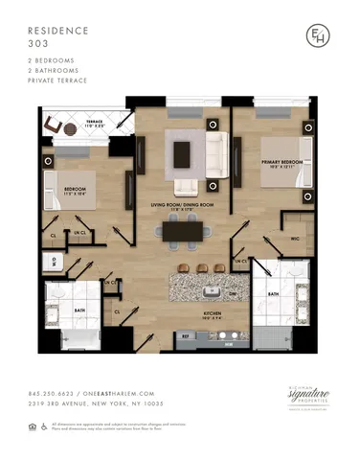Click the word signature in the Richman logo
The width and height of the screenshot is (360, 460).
tap(309, 393)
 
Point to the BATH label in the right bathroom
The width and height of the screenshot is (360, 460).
tap(272, 294)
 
